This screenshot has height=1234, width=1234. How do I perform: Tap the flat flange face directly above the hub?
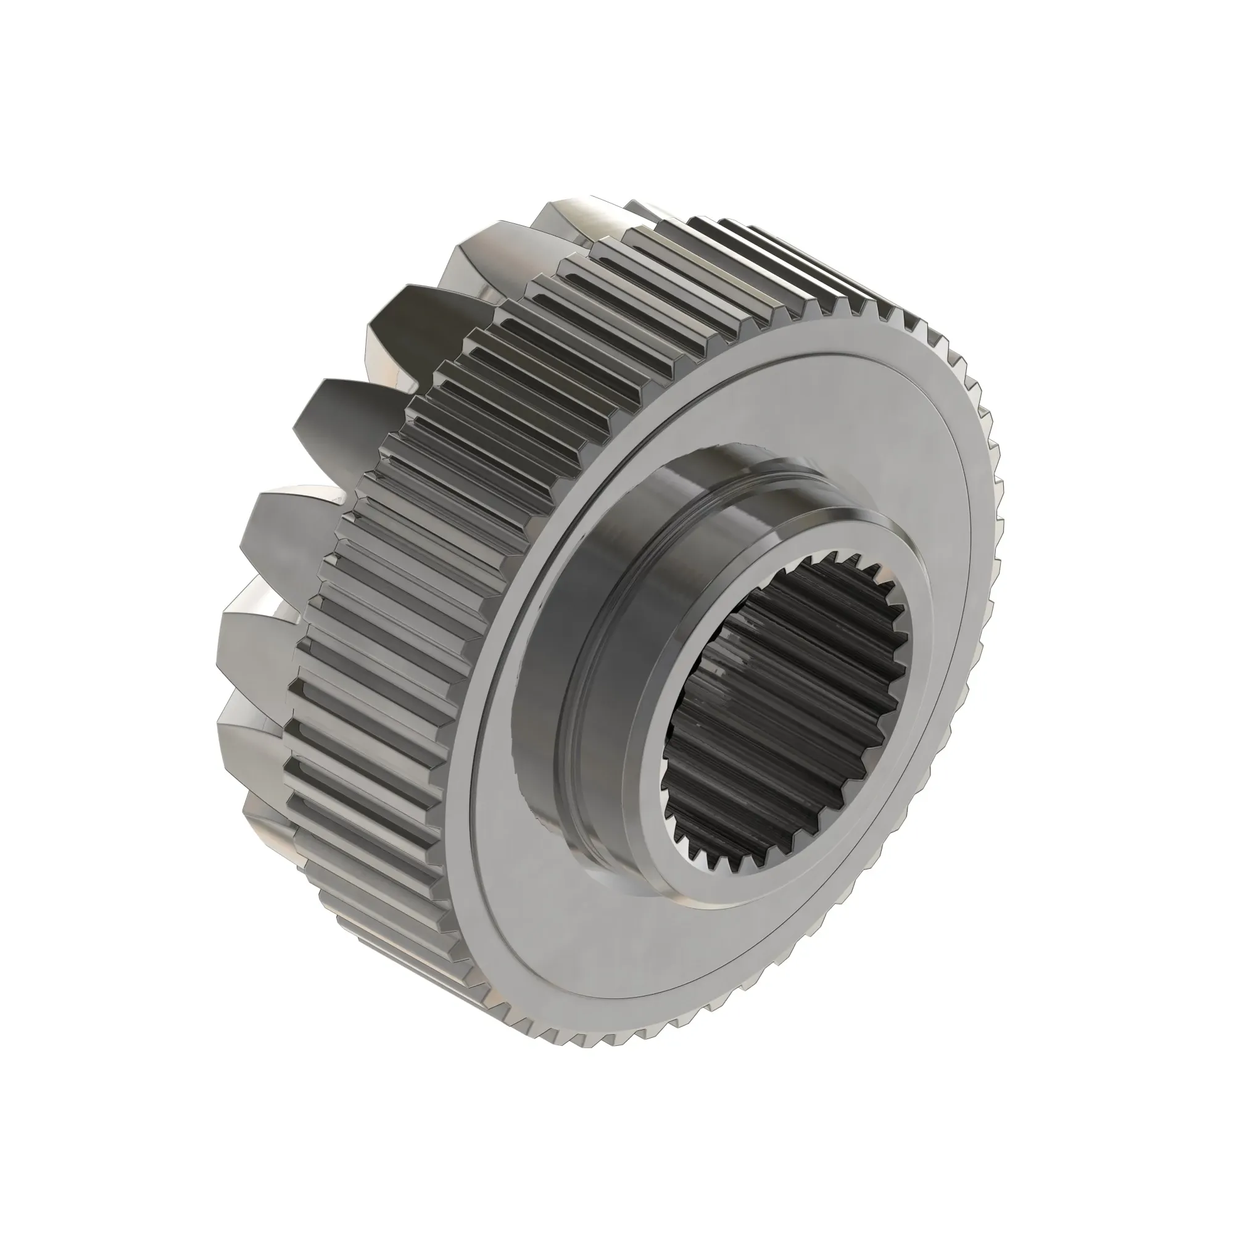coord(734,409)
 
